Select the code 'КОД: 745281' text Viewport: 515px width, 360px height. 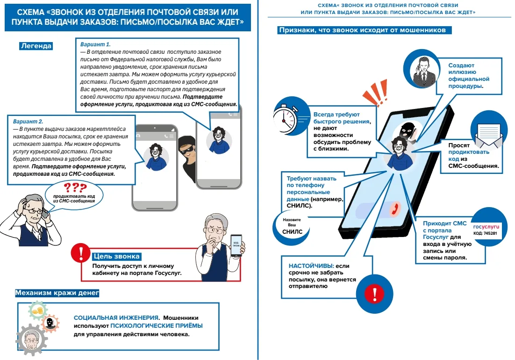point(485,233)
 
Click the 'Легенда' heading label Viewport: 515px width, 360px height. point(36,46)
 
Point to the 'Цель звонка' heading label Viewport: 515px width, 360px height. point(117,256)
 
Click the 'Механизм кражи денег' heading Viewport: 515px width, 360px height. point(57,293)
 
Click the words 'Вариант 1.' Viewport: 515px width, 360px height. point(95,44)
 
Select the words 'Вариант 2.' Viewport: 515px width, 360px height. point(28,121)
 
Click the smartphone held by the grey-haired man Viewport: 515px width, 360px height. point(236,245)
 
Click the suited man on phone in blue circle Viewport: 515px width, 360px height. point(422,70)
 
